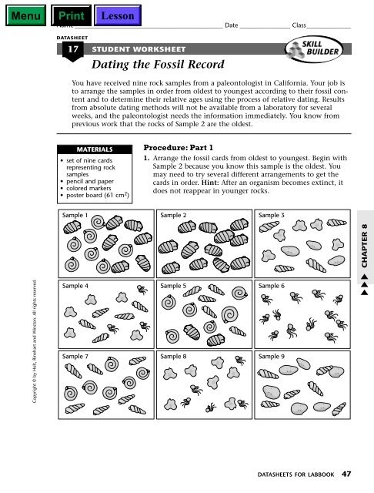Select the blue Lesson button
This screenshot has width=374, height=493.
click(119, 15)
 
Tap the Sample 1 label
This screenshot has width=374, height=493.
click(75, 216)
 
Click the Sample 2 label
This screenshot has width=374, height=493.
click(173, 216)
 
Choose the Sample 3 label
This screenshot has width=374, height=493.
click(272, 216)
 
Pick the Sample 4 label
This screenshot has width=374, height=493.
click(75, 285)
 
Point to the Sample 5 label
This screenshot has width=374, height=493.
click(173, 285)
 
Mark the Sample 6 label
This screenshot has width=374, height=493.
click(272, 285)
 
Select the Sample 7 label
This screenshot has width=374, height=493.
click(75, 357)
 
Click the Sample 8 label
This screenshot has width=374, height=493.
click(173, 357)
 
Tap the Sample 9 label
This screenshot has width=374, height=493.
click(272, 357)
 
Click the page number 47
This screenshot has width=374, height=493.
click(347, 475)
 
